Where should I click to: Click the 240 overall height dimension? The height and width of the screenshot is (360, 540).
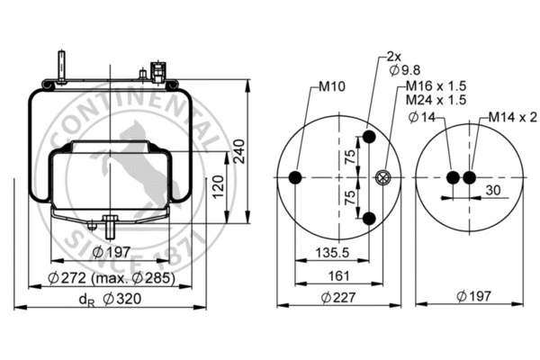(x=239, y=154)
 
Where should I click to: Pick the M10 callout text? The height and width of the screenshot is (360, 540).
(x=331, y=87)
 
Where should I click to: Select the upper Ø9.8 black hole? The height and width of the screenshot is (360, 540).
(x=369, y=139)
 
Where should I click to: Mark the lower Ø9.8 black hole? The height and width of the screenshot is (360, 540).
(x=369, y=219)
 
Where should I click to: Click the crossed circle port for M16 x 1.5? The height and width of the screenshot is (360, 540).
(x=385, y=178)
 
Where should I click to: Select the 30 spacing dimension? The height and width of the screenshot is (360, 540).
(x=492, y=190)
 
